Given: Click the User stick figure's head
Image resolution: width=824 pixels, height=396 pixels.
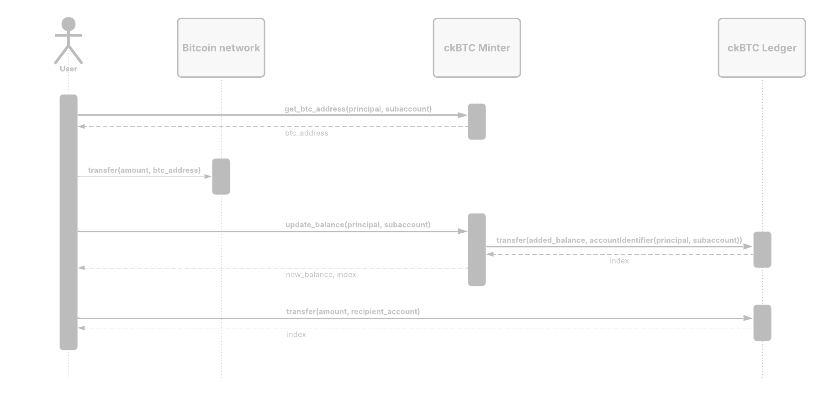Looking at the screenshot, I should click(69, 24).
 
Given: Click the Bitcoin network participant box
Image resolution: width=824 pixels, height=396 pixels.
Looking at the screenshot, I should click(221, 48).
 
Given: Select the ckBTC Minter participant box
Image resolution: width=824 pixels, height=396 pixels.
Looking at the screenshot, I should click(477, 48).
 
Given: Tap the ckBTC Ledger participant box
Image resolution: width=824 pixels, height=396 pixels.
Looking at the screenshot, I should click(761, 48).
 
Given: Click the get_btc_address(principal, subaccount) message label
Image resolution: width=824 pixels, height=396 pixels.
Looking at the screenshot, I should click(358, 109).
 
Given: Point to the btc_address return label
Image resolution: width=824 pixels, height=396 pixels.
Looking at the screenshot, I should click(306, 133).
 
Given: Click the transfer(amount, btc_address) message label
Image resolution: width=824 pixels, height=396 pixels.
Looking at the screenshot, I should click(144, 170).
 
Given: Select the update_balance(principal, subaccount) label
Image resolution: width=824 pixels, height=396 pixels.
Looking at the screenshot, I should click(358, 225).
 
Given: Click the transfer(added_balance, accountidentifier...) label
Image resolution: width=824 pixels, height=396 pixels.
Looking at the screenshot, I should click(619, 240).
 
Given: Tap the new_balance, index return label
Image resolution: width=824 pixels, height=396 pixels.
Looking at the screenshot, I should click(321, 274).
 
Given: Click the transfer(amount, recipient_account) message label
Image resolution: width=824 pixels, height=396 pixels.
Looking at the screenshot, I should click(353, 311).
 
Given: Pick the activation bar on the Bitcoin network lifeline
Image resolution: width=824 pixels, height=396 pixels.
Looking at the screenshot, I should click(221, 177).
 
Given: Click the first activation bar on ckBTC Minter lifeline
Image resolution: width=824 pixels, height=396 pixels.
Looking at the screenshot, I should click(477, 122).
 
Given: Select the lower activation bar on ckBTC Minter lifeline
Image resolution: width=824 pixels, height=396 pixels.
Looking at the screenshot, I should click(477, 250).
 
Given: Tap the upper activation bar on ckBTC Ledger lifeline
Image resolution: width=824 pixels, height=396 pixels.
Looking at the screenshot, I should click(762, 250).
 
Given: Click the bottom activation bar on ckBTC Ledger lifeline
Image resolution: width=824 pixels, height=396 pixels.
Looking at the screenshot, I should click(762, 323).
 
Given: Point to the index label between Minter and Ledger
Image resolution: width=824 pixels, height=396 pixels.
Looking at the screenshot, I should click(619, 261).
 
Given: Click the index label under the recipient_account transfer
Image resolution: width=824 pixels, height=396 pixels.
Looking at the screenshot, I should click(296, 334).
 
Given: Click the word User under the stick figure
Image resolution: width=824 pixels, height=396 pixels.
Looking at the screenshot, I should click(69, 69).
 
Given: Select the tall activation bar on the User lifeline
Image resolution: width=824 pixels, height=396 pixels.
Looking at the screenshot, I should click(69, 222).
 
